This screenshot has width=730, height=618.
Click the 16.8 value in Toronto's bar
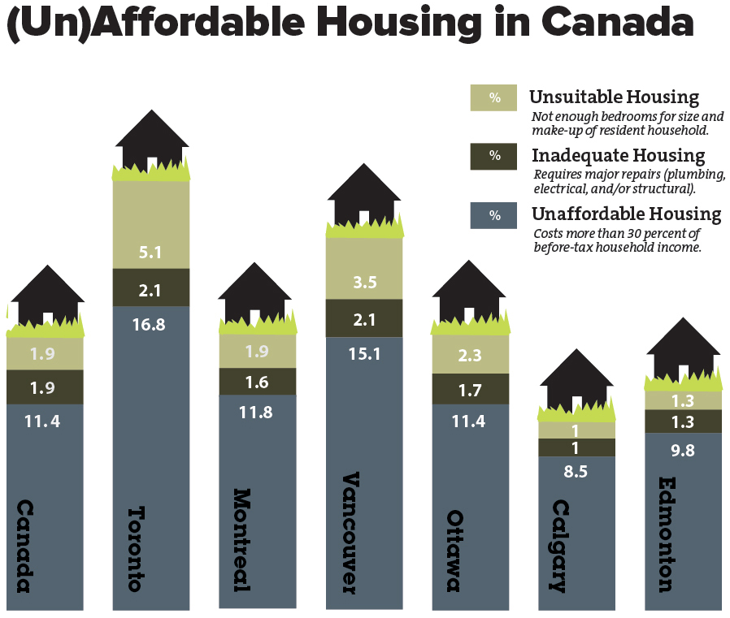(149, 324)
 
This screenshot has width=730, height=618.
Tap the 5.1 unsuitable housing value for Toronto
(150, 253)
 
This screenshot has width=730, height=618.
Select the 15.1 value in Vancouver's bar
(364, 354)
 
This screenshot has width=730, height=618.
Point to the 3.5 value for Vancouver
(364, 283)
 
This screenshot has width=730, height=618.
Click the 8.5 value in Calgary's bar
(576, 472)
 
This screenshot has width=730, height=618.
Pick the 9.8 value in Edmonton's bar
(683, 450)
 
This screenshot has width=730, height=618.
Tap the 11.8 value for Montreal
(255, 412)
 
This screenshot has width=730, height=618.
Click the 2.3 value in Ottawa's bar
(469, 356)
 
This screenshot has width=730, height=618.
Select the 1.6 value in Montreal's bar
(257, 382)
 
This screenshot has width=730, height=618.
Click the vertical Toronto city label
(137, 549)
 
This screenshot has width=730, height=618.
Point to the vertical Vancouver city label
(350, 533)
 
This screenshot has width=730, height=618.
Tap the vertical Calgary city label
(560, 546)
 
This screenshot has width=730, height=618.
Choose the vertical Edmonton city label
(667, 534)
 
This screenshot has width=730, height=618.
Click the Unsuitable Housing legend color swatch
(493, 97)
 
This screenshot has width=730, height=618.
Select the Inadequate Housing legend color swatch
(493, 156)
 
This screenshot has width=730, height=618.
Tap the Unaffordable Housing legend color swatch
(493, 215)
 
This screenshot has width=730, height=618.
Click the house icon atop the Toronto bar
(152, 140)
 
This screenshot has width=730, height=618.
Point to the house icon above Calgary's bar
(576, 379)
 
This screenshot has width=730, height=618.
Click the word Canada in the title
(617, 22)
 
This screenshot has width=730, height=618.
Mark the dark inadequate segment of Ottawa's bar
(470, 389)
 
